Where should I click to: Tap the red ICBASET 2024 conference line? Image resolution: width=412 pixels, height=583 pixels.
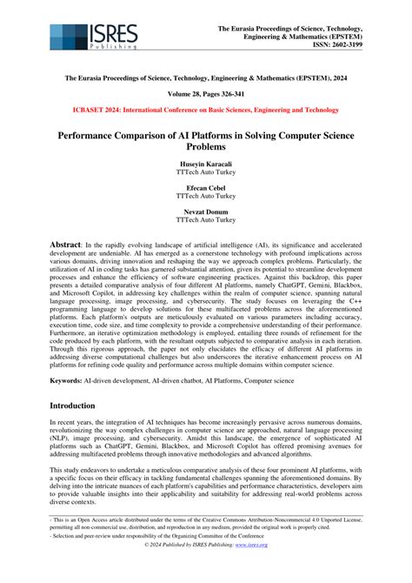tap(205, 111)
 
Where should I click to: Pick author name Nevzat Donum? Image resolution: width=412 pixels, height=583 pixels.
tap(205, 211)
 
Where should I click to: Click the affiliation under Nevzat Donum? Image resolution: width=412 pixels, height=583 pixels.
tap(205, 220)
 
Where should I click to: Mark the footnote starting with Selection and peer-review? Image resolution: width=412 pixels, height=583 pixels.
tap(156, 560)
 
